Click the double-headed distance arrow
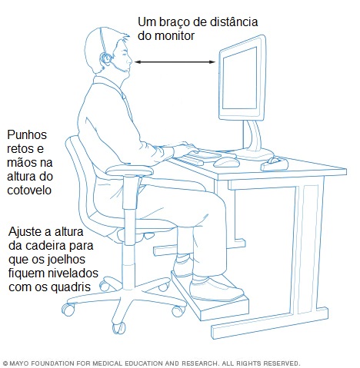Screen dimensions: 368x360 [176, 63]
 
